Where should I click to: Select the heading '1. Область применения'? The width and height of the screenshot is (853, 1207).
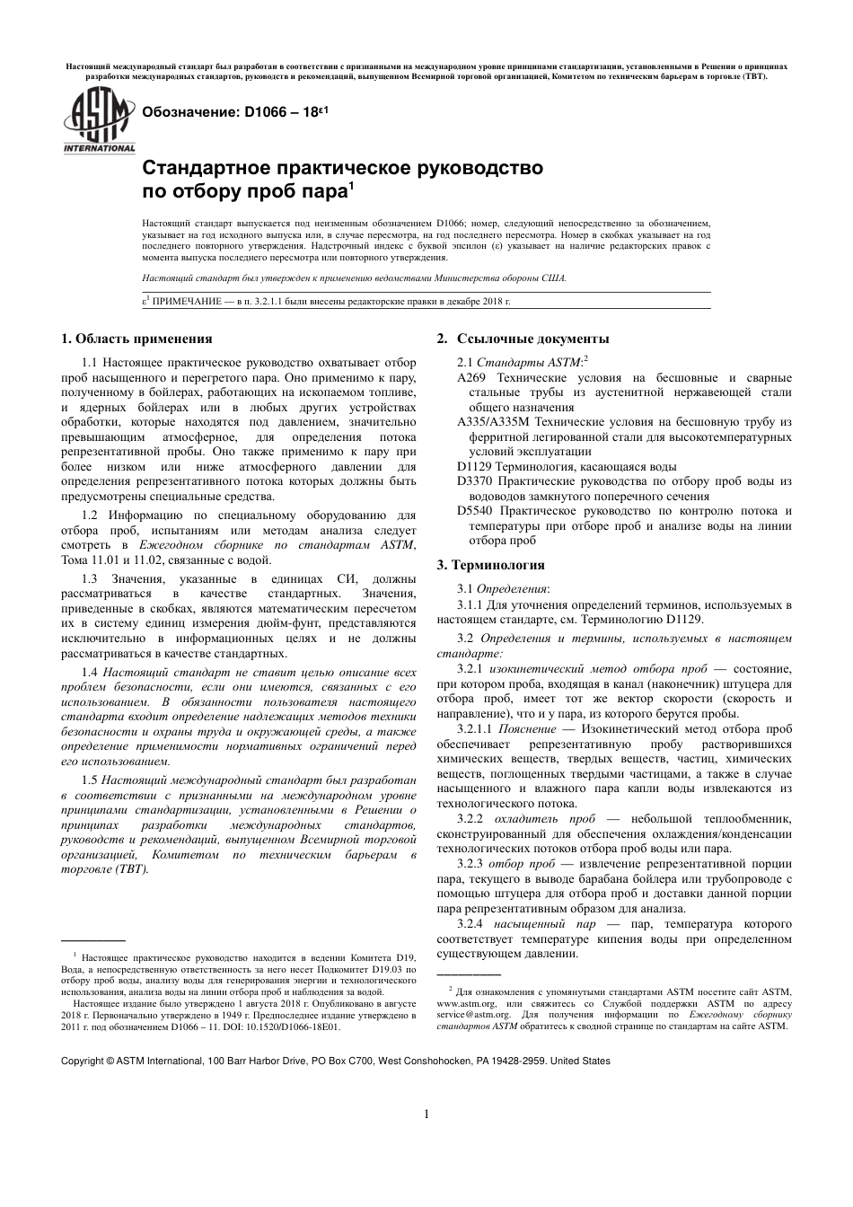point(136,339)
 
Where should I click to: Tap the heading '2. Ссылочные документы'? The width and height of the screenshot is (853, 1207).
point(523,339)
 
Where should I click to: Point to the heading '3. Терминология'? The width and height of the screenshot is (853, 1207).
point(490,565)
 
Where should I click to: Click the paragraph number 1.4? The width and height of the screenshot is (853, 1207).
point(90,672)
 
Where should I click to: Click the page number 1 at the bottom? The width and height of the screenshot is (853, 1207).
point(426,1114)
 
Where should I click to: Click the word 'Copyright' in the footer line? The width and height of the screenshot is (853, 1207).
point(82,1061)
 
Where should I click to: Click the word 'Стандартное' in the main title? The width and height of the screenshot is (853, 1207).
point(207,168)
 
